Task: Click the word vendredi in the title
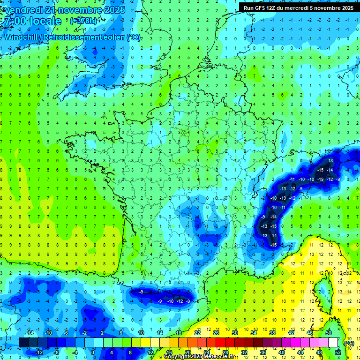click(x=26, y=10)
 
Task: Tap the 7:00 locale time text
click(x=32, y=21)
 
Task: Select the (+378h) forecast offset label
click(x=83, y=21)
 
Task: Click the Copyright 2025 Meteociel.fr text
click(x=198, y=357)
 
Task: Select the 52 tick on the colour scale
click(x=338, y=352)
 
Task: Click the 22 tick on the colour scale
click(x=197, y=333)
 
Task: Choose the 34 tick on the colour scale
click(x=254, y=333)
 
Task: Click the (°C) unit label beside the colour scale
click(x=349, y=343)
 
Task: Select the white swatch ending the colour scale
click(x=333, y=343)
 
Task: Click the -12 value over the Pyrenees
click(x=180, y=301)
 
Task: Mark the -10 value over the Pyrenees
click(x=170, y=301)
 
